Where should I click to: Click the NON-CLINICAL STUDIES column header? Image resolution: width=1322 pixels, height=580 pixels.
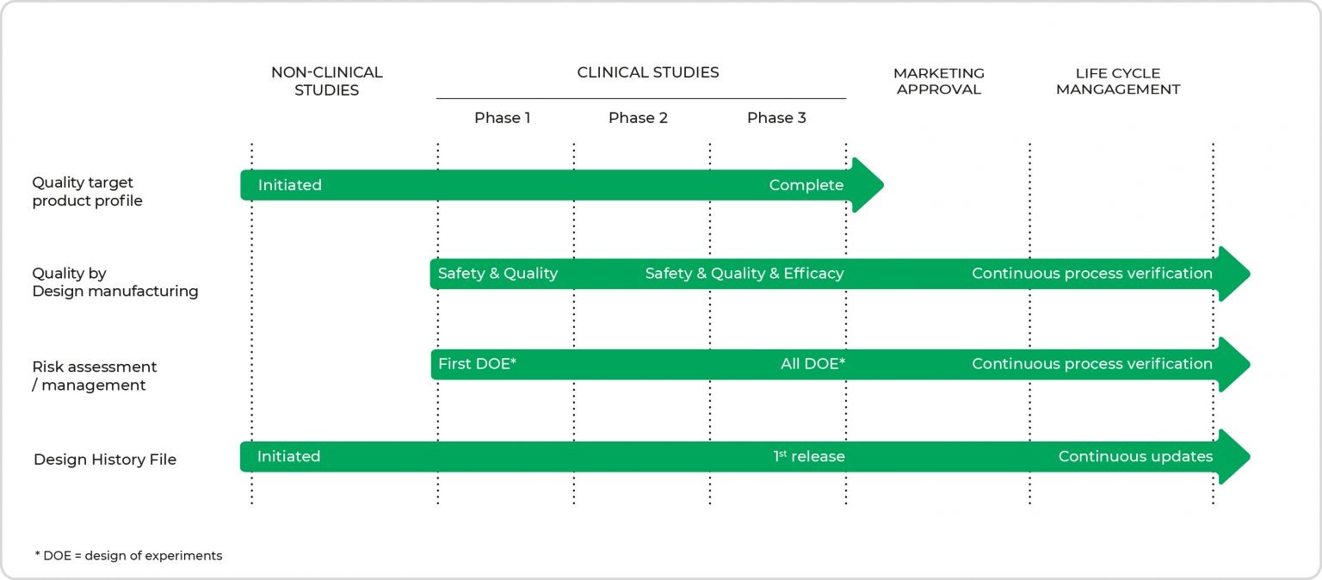(x=326, y=81)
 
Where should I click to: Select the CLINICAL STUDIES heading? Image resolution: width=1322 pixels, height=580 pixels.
(x=647, y=72)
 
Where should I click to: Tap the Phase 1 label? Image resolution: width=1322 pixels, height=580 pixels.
(x=502, y=118)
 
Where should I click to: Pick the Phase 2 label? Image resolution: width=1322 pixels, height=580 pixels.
(x=638, y=118)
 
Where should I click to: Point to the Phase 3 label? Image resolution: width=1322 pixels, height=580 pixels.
(x=776, y=118)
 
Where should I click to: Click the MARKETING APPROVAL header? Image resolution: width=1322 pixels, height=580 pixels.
(x=938, y=81)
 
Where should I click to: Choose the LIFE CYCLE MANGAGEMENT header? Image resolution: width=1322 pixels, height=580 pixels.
(x=1117, y=81)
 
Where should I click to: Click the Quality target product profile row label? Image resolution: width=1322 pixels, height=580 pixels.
(x=87, y=192)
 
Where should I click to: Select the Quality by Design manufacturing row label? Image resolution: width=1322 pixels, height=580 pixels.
(x=114, y=282)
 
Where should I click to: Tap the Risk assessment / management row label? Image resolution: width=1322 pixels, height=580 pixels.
(x=95, y=375)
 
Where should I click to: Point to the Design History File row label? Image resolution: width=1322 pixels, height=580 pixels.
(x=105, y=460)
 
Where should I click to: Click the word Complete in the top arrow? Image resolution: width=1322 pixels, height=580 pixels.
(x=806, y=185)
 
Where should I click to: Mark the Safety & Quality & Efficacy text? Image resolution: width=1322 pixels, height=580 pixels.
(x=744, y=274)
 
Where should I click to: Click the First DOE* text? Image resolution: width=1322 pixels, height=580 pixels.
(x=477, y=364)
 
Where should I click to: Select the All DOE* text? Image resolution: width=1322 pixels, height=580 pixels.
(x=812, y=364)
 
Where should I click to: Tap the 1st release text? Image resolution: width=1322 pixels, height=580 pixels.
(x=809, y=456)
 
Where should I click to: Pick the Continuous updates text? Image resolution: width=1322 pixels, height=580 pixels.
(x=1135, y=456)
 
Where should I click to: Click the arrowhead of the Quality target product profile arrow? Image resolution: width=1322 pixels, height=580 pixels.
(x=868, y=185)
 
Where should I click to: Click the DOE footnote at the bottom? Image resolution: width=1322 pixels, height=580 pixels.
(x=128, y=556)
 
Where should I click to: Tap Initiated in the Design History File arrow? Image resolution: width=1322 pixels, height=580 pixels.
(x=288, y=456)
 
